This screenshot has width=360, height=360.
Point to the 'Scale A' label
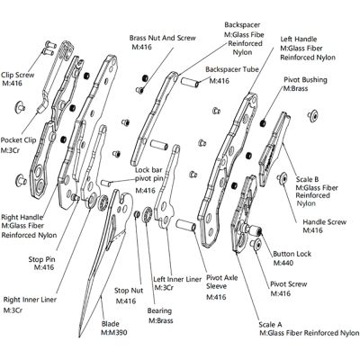pos(272,320)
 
